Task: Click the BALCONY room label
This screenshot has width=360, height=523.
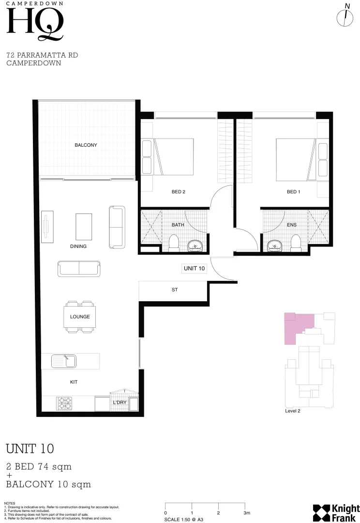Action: click(86, 145)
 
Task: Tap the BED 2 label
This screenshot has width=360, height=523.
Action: click(179, 192)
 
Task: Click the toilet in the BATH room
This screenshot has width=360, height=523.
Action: click(173, 243)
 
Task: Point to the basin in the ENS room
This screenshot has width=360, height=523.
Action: click(275, 246)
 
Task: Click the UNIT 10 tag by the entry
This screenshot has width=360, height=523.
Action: click(194, 268)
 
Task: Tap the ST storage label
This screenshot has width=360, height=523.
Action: click(175, 290)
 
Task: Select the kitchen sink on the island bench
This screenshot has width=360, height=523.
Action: click(64, 361)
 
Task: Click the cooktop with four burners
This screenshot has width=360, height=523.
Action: click(65, 403)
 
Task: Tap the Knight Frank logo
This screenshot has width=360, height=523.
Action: click(336, 512)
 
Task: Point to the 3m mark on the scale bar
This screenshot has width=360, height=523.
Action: click(247, 512)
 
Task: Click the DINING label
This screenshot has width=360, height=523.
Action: click(78, 246)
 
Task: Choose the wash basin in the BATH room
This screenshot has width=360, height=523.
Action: click(195, 246)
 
